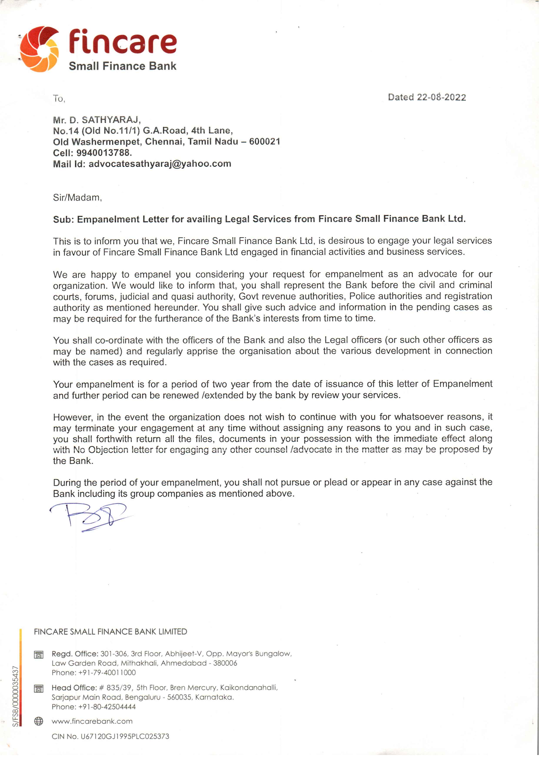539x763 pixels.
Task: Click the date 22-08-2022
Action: pyautogui.click(x=441, y=97)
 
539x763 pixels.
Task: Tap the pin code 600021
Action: pyautogui.click(x=265, y=142)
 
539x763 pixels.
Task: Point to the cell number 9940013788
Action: pyautogui.click(x=104, y=153)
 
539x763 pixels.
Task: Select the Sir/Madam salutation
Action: pyautogui.click(x=77, y=198)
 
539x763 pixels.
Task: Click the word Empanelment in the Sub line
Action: pyautogui.click(x=108, y=219)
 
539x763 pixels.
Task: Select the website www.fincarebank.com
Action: pyautogui.click(x=92, y=721)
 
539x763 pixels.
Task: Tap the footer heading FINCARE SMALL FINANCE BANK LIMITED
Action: pyautogui.click(x=110, y=632)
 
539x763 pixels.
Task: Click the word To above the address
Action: pyautogui.click(x=59, y=99)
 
